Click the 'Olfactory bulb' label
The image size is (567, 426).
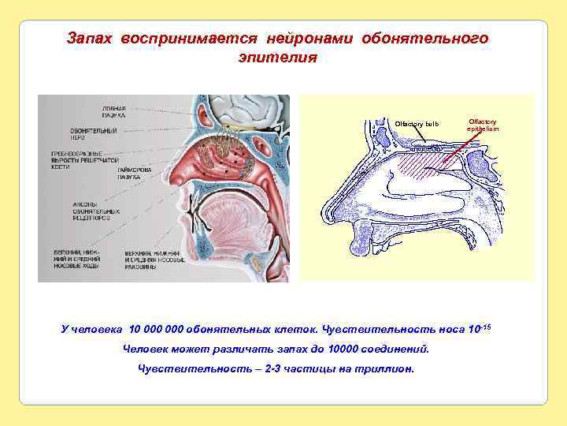[417, 124]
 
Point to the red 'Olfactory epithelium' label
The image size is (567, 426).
[482, 125]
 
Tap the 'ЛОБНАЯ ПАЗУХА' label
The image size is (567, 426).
[113, 111]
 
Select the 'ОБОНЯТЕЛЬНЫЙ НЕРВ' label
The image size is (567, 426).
[88, 133]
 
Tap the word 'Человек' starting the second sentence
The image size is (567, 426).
[150, 349]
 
